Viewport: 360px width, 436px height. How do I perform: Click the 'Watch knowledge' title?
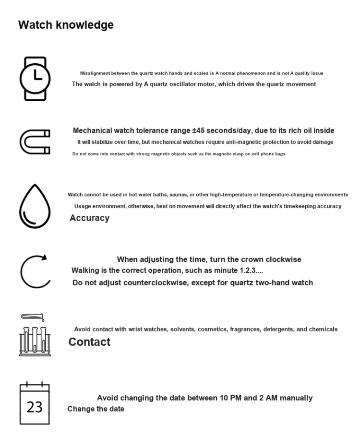(66, 25)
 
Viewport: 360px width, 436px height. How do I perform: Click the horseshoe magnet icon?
(35, 142)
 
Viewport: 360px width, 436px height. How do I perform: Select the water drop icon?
(35, 206)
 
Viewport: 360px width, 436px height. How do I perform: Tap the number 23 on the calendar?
(35, 407)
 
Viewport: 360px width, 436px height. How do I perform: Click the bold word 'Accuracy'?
(89, 218)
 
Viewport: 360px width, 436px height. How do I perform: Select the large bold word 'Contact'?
(89, 342)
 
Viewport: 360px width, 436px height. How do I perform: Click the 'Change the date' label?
(96, 409)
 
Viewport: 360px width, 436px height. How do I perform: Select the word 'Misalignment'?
(95, 73)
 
